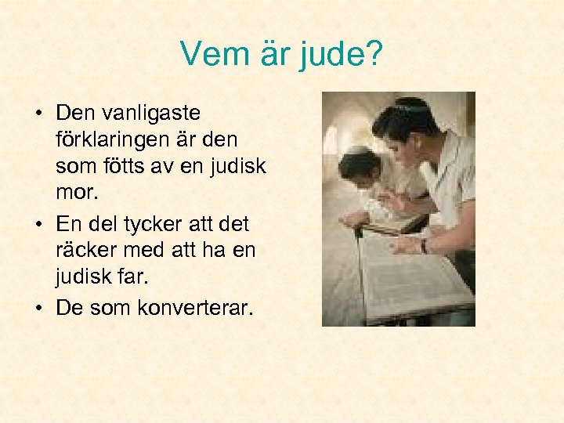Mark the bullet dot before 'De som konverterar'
click(x=38, y=309)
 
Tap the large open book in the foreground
click(x=411, y=278)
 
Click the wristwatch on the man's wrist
click(x=424, y=246)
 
